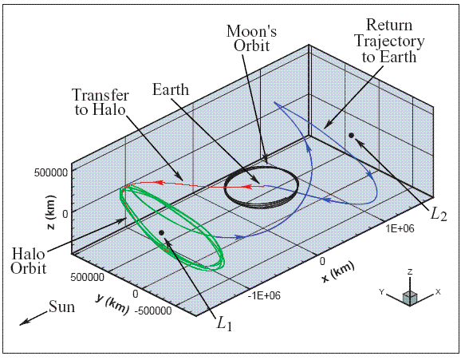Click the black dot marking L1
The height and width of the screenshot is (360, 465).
[x=161, y=232]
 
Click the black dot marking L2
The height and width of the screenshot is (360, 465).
[x=352, y=136]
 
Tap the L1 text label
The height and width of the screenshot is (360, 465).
[x=224, y=323]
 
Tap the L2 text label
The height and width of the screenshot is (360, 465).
[x=438, y=213]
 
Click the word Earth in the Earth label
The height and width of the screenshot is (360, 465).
[x=171, y=89]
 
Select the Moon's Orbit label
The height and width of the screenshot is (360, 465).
[x=251, y=38]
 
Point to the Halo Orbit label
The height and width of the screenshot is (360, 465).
[x=29, y=262]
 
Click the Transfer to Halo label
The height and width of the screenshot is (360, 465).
[x=100, y=102]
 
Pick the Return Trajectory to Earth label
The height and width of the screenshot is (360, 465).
[x=389, y=41]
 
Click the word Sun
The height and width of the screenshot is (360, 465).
[x=61, y=307]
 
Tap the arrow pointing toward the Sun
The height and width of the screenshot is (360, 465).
[x=33, y=318]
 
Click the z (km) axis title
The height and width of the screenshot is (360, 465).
[x=51, y=212]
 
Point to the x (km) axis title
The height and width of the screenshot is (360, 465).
[x=338, y=272]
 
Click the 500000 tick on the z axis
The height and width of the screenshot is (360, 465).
[x=51, y=172]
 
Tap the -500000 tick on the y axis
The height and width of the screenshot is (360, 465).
[x=153, y=311]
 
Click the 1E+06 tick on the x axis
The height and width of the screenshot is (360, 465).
[x=400, y=228]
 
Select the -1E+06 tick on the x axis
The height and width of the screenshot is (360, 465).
[x=264, y=295]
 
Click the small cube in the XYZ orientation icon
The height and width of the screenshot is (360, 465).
[x=410, y=298]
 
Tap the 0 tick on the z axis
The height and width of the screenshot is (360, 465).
[x=65, y=214]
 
